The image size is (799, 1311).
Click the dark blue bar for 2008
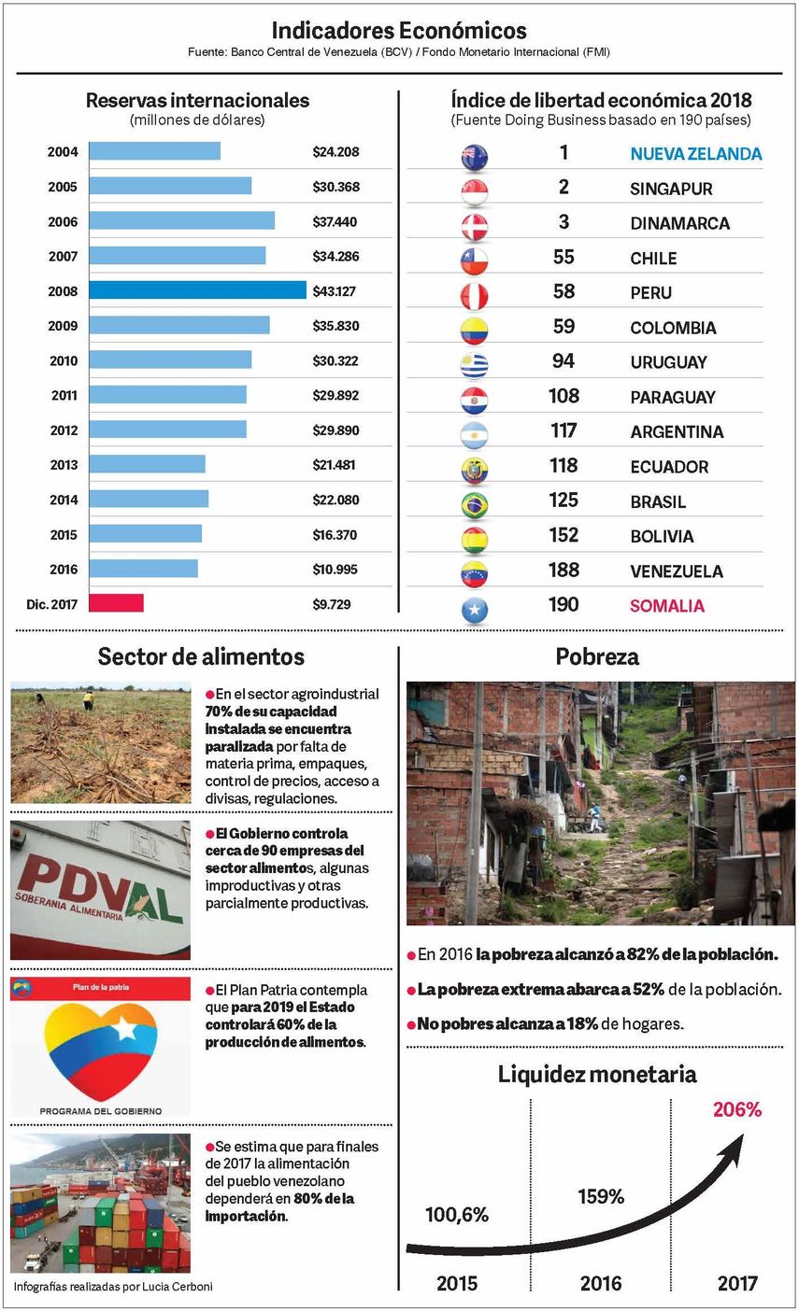click(197, 290)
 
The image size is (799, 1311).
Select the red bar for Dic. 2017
click(116, 603)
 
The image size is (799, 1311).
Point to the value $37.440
click(335, 221)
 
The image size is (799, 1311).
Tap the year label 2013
click(64, 465)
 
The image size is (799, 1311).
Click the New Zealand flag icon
click(475, 156)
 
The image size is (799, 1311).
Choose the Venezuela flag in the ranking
click(475, 573)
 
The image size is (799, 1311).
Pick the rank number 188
click(564, 570)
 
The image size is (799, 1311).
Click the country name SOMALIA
click(667, 606)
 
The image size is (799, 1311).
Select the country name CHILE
click(653, 258)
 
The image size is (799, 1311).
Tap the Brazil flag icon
click(475, 504)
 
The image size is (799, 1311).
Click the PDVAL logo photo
click(100, 890)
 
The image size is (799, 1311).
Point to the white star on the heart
click(124, 1029)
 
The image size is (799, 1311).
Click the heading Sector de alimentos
click(201, 656)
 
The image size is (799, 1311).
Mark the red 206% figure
click(737, 1109)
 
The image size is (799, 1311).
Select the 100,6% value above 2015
click(457, 1215)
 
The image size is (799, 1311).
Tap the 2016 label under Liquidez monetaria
click(600, 1284)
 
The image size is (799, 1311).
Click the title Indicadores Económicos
click(399, 31)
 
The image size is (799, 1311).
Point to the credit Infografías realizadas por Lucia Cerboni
click(113, 1287)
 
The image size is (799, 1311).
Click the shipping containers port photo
click(100, 1204)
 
